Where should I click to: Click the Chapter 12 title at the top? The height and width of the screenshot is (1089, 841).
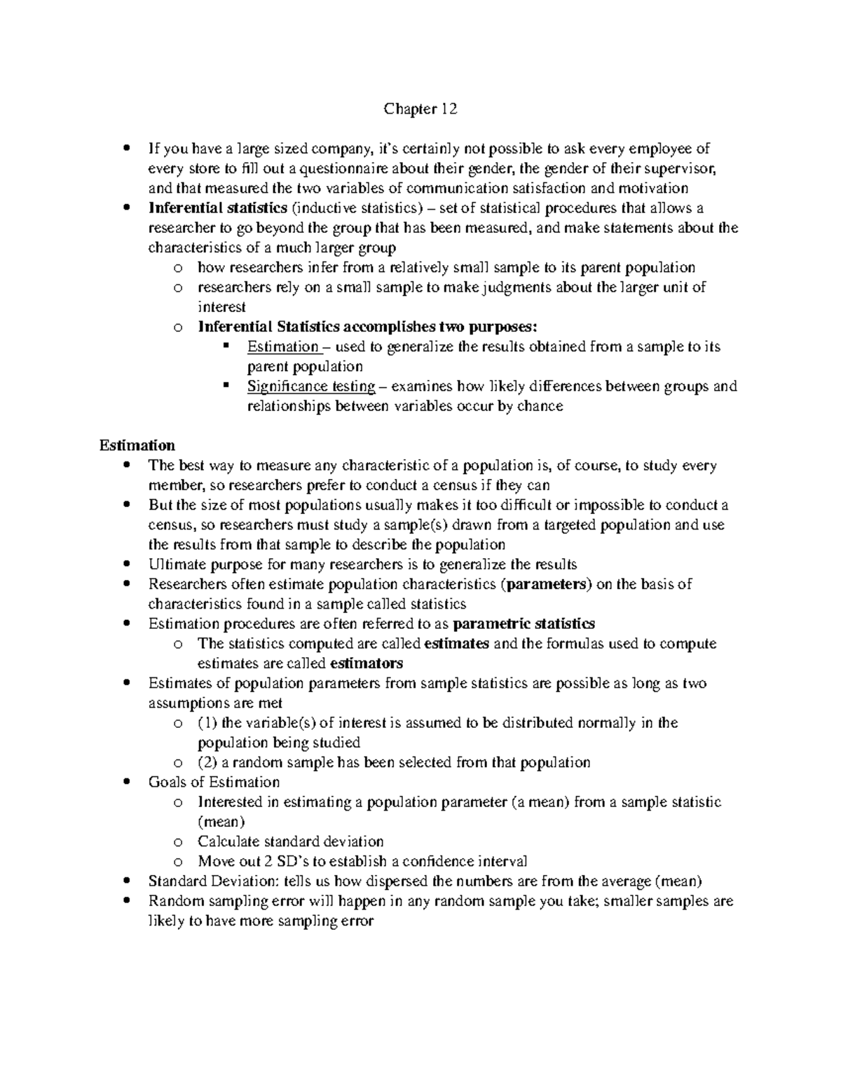[420, 109]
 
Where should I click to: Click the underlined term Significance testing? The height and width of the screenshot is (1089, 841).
[311, 386]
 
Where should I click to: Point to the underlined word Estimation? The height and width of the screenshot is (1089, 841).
[282, 346]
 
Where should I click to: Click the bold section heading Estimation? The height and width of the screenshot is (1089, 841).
[137, 445]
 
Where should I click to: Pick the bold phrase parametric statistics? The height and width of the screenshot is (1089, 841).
[524, 623]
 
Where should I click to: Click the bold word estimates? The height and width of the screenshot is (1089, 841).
[457, 644]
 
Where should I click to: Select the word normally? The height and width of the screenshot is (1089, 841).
[612, 723]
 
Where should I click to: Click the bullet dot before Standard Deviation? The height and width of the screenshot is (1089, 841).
[125, 881]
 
